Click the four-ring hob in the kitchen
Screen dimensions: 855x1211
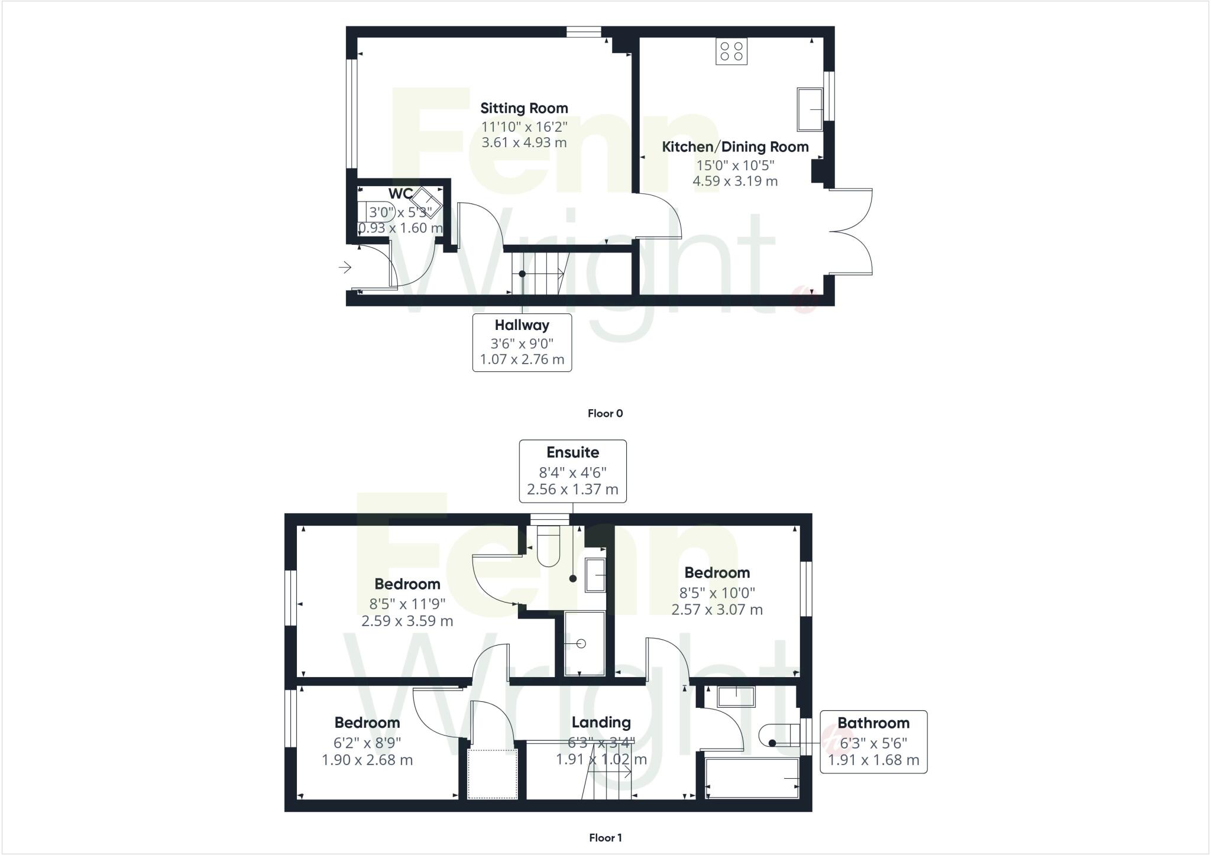(x=731, y=51)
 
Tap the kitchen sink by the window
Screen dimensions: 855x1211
(x=810, y=109)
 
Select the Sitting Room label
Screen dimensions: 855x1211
(x=524, y=108)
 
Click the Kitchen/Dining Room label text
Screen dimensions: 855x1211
(x=735, y=147)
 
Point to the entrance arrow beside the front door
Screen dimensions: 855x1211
(x=345, y=268)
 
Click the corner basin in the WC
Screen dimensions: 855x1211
(x=426, y=202)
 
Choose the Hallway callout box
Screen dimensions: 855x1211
(x=522, y=342)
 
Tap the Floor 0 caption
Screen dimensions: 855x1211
(x=605, y=413)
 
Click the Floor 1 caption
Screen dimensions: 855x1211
(x=605, y=837)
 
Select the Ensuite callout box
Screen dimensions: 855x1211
(x=572, y=471)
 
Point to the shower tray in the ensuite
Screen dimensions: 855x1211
(x=585, y=644)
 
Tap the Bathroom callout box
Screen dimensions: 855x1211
(x=873, y=741)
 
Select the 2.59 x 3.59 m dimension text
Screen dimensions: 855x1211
(x=407, y=621)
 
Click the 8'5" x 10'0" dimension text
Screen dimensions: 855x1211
(x=717, y=592)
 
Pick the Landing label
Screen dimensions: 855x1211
(x=601, y=723)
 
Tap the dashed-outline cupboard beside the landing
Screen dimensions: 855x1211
(x=492, y=774)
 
